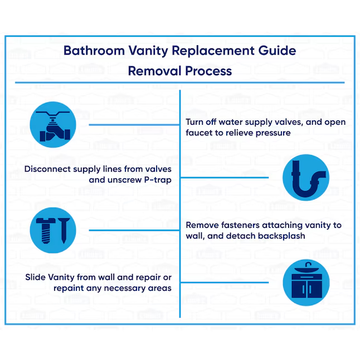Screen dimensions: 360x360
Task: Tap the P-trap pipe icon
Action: pos(305,177)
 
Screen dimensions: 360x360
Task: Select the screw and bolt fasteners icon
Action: pos(52,229)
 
